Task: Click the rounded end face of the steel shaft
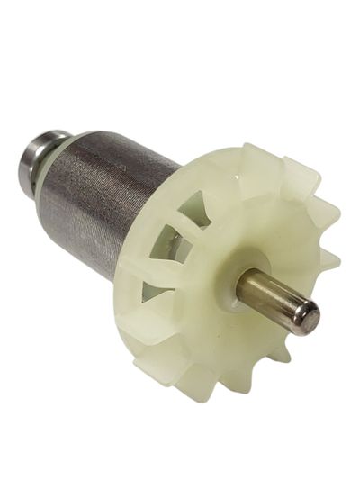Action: coord(308,316)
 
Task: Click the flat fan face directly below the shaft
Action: coord(243,347)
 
